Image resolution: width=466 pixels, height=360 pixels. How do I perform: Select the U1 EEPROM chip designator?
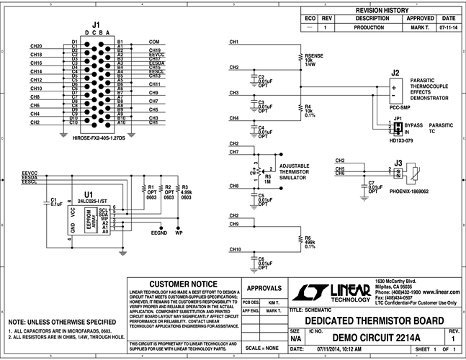tap(88, 195)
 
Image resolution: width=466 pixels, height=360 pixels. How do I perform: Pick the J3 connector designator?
tap(398, 163)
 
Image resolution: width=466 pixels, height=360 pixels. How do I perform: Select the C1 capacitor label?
tap(53, 200)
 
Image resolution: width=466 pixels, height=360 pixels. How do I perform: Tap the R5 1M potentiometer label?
tap(269, 176)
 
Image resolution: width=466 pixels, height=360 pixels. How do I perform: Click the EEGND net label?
tap(158, 233)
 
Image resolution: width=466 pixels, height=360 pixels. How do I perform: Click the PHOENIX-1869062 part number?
tap(408, 192)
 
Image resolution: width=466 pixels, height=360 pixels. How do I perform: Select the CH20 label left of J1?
tap(36, 45)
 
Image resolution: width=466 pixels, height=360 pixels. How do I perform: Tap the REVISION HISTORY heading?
tap(377, 11)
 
